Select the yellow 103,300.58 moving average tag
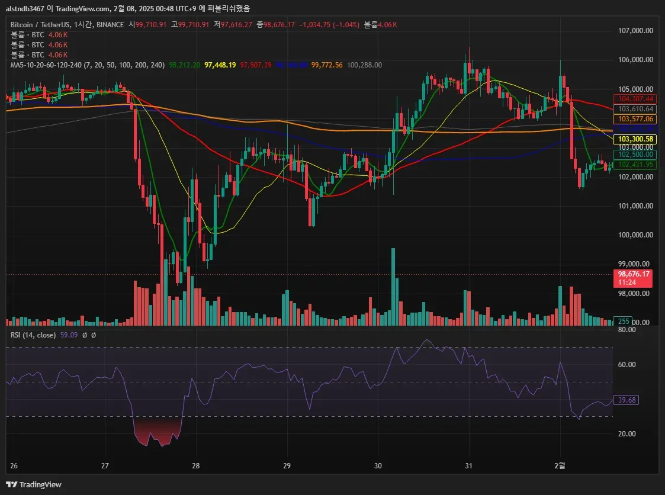tap(635, 139)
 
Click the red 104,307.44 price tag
tap(635, 99)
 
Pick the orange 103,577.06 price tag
tap(635, 119)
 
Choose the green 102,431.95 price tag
tap(635, 165)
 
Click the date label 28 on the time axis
tap(197, 465)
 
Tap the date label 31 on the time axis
tap(468, 465)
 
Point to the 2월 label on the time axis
tap(560, 465)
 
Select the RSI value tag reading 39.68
tap(626, 400)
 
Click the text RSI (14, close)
tap(33, 335)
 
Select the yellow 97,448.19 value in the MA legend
tap(220, 65)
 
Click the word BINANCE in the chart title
tap(110, 25)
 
